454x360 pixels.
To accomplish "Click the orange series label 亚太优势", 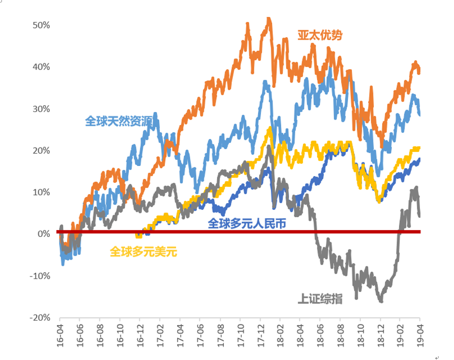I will pyautogui.click(x=320, y=35).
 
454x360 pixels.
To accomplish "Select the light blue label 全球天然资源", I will pyautogui.click(x=123, y=121).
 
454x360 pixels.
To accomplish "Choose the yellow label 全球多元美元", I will pyautogui.click(x=143, y=251).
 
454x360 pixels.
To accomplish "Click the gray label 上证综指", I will pyautogui.click(x=320, y=299).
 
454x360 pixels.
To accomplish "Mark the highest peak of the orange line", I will pyautogui.click(x=269, y=19).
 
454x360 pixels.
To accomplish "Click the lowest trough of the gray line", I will pyautogui.click(x=381, y=301).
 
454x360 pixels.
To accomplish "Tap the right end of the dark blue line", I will pyautogui.click(x=419, y=159).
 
